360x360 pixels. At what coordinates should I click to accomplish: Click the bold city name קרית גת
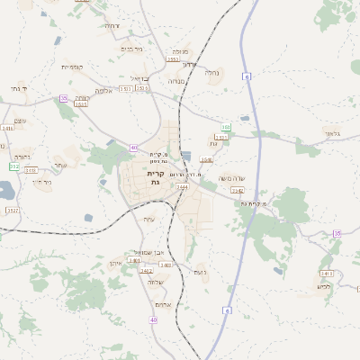click(x=155, y=177)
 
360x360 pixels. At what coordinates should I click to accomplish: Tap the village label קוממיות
click(x=72, y=67)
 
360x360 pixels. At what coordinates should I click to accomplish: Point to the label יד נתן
click(x=18, y=88)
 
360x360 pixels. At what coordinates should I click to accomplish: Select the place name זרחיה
click(x=112, y=26)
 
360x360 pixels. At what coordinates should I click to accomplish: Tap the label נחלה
click(x=211, y=72)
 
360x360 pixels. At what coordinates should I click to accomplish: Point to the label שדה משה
click(x=234, y=177)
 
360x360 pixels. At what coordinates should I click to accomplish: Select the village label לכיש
click(x=323, y=286)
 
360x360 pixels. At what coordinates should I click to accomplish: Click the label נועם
click(x=200, y=272)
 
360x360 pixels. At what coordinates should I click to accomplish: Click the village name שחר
click(x=59, y=166)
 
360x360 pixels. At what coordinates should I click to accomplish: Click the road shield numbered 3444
click(x=182, y=187)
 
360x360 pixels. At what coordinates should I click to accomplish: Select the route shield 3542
click(x=238, y=191)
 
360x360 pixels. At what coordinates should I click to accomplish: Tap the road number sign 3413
click(x=326, y=273)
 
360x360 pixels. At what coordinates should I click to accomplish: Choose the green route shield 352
click(x=13, y=166)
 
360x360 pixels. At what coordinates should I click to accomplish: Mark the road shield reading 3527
click(x=13, y=210)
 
